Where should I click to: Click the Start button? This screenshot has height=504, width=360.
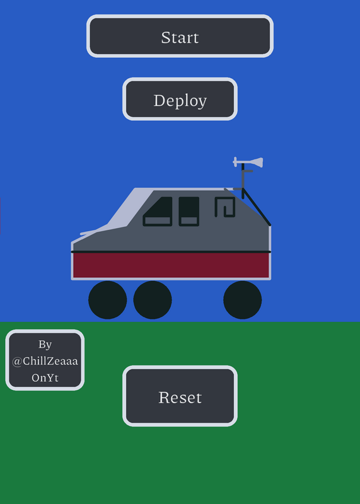tap(180, 36)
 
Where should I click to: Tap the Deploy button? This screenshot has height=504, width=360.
tap(180, 99)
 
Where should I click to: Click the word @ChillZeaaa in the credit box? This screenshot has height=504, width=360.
tap(45, 361)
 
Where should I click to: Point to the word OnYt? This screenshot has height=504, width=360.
tap(45, 377)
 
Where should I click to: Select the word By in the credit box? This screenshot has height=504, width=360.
tap(45, 345)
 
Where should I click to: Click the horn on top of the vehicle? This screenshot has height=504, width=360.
tap(248, 163)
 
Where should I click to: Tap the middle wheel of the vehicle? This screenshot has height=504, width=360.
tap(153, 300)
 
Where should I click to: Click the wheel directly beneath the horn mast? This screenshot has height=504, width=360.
tap(243, 300)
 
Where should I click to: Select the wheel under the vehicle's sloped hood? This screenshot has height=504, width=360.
tap(107, 300)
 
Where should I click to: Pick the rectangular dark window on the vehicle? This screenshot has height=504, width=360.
tap(189, 211)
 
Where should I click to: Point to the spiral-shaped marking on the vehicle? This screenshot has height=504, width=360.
tap(225, 207)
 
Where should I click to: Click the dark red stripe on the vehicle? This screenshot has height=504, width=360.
tap(171, 265)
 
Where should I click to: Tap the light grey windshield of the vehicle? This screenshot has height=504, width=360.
tap(129, 209)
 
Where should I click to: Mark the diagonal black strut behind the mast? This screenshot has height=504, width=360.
tap(257, 207)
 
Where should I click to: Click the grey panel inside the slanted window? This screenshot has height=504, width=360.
tap(158, 220)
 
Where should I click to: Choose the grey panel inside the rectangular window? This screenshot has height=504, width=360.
tap(189, 220)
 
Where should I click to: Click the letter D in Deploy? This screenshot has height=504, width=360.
tap(160, 100)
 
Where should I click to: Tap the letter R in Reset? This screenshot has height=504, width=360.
tap(164, 398)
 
